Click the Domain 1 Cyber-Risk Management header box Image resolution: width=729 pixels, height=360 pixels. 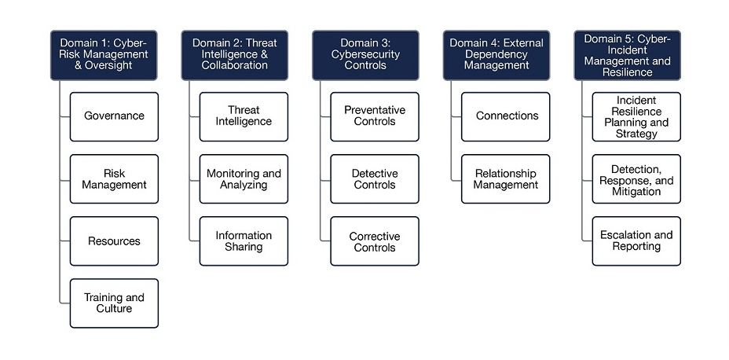point(104,55)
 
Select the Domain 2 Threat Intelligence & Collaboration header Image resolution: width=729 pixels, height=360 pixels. point(234,55)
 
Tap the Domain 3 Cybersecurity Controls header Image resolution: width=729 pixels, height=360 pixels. point(365,55)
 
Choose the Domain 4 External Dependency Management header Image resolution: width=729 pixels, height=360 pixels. point(496,55)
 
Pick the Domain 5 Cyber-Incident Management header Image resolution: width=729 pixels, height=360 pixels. point(627,55)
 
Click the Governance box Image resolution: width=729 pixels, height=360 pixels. point(114,116)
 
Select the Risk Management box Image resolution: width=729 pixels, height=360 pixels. point(114,179)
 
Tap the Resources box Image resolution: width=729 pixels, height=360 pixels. point(114,241)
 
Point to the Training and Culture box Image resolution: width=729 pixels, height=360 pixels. point(114,303)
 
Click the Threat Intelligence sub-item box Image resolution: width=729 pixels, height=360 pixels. point(244,116)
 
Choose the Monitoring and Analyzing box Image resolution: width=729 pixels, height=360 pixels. point(244,179)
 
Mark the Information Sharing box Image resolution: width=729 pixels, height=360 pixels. point(244,241)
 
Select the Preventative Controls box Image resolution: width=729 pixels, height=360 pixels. point(375,116)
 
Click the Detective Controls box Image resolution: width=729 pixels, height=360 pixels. point(375,179)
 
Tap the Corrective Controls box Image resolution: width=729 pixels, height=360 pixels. point(375,241)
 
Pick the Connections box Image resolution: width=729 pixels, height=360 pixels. point(506,116)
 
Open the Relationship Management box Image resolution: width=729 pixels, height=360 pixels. point(506,179)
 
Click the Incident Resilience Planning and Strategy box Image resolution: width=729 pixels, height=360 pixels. point(636,116)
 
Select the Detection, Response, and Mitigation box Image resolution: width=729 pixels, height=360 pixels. point(636,179)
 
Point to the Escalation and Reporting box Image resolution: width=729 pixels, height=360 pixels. point(636,241)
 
